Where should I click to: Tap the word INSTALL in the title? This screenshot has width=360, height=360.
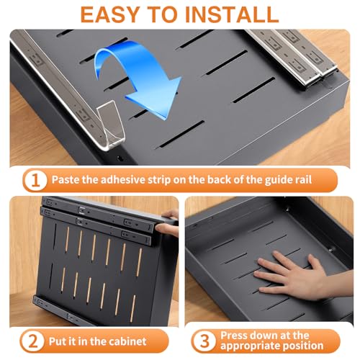pos(231,14)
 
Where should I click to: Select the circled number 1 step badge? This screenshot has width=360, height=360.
pos(35,180)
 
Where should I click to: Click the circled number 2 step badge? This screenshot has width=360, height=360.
pos(32,341)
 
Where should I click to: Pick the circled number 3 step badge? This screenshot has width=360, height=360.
pos(204,341)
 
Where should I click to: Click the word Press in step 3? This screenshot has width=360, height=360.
pos(234,336)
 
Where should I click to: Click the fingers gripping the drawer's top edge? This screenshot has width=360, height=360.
pos(168,223)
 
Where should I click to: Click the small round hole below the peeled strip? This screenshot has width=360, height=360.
pos(120,158)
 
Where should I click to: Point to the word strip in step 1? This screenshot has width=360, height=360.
pos(159,180)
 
